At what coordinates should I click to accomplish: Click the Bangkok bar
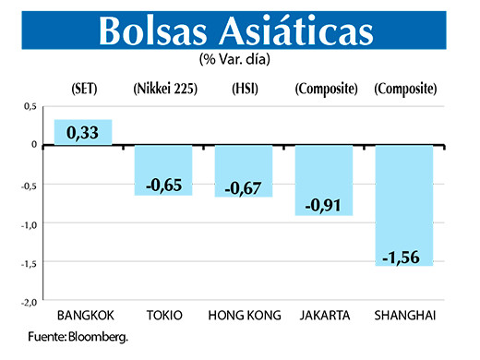click(83, 132)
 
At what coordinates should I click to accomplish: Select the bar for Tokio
click(163, 170)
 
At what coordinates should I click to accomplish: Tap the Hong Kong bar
click(243, 171)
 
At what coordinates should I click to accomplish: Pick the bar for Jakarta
click(324, 180)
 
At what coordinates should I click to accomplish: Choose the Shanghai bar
click(404, 205)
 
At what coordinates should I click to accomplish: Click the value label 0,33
click(83, 135)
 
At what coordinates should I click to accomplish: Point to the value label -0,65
click(163, 186)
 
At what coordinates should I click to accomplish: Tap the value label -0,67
click(243, 187)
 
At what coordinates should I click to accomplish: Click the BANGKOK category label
click(85, 316)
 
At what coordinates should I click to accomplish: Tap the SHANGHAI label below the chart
click(404, 316)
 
